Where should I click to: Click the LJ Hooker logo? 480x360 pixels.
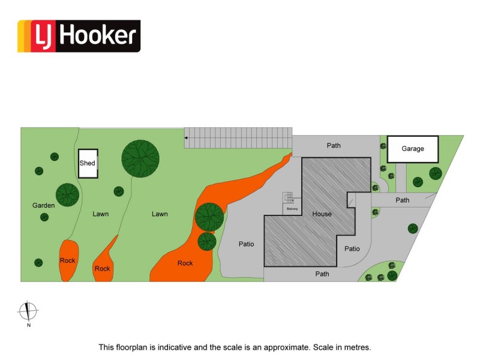79,36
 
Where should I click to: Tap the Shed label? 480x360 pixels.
87,163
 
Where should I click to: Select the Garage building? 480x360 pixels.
413,149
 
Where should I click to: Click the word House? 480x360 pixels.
322,214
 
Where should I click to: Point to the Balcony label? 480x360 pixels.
292,209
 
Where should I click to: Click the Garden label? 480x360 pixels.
43,205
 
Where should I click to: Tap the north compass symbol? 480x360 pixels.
28,311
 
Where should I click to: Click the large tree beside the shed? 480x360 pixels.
140,158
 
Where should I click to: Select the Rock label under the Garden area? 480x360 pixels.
67,260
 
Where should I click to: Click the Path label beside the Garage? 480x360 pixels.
334,145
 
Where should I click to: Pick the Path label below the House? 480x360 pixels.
322,274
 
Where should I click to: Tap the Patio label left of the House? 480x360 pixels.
247,244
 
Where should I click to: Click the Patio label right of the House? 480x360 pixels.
352,248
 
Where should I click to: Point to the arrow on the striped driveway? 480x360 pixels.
186,138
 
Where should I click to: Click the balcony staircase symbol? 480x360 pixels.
288,197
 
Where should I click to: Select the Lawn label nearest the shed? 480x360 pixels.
101,214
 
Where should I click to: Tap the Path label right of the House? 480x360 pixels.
402,200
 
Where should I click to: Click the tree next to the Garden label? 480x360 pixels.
67,194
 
